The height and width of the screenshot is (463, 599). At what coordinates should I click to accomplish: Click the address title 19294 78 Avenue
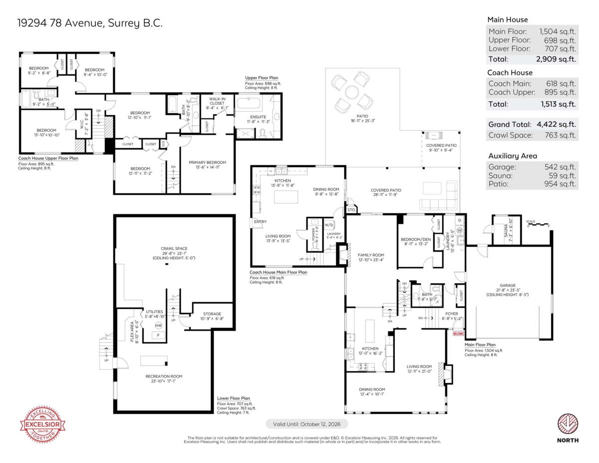(x=90, y=23)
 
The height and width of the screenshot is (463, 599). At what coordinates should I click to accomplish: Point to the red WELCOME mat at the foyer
(x=458, y=334)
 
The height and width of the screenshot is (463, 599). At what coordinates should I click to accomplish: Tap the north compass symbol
(x=568, y=425)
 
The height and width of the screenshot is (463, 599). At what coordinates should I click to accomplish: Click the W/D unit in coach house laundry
(x=329, y=224)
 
